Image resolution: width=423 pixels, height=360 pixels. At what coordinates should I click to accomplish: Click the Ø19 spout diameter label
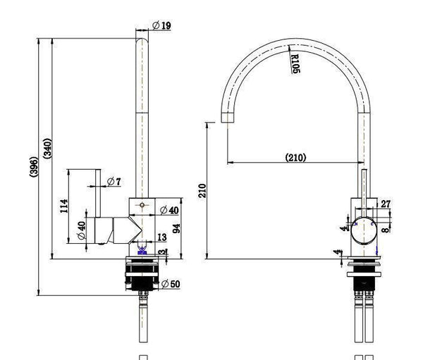(x=161, y=25)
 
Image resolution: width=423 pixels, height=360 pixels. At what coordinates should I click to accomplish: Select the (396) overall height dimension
(x=34, y=167)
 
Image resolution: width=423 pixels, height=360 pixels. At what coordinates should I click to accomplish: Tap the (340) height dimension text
(x=47, y=149)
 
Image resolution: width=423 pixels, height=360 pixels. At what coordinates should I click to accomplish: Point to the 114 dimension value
(x=64, y=206)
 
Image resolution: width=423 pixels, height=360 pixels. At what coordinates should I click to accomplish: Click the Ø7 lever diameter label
(x=114, y=182)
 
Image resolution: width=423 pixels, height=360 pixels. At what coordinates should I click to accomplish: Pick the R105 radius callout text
(x=295, y=63)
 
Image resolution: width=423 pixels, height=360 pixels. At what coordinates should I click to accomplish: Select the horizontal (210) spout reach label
(x=295, y=157)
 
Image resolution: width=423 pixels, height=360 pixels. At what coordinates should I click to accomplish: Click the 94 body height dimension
(x=176, y=228)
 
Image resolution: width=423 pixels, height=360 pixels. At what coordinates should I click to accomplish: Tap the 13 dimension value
(x=162, y=237)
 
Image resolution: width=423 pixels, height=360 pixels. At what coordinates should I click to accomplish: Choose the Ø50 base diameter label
(x=171, y=284)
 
